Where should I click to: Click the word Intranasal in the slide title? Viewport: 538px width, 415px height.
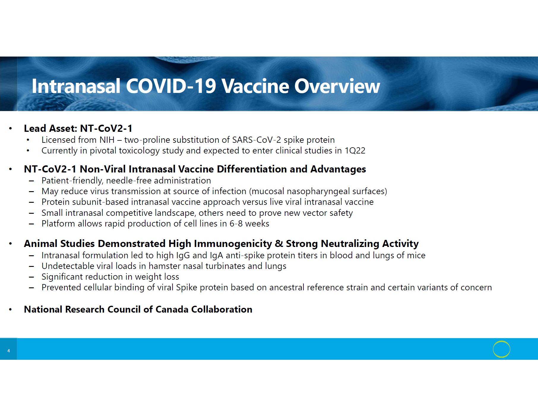[76, 86]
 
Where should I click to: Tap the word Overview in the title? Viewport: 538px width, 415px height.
[337, 86]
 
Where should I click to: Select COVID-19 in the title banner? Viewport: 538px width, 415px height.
[171, 86]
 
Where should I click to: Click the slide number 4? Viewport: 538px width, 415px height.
[9, 351]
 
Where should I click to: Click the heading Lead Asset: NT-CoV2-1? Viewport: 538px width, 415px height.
[78, 128]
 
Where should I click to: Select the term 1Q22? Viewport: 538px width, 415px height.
[355, 151]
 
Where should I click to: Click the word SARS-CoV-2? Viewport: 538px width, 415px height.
[257, 140]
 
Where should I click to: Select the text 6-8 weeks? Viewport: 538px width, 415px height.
[249, 224]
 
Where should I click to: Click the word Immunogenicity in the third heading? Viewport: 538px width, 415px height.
[233, 243]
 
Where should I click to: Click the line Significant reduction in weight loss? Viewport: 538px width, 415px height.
[110, 277]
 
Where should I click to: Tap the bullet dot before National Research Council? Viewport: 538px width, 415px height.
[10, 310]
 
